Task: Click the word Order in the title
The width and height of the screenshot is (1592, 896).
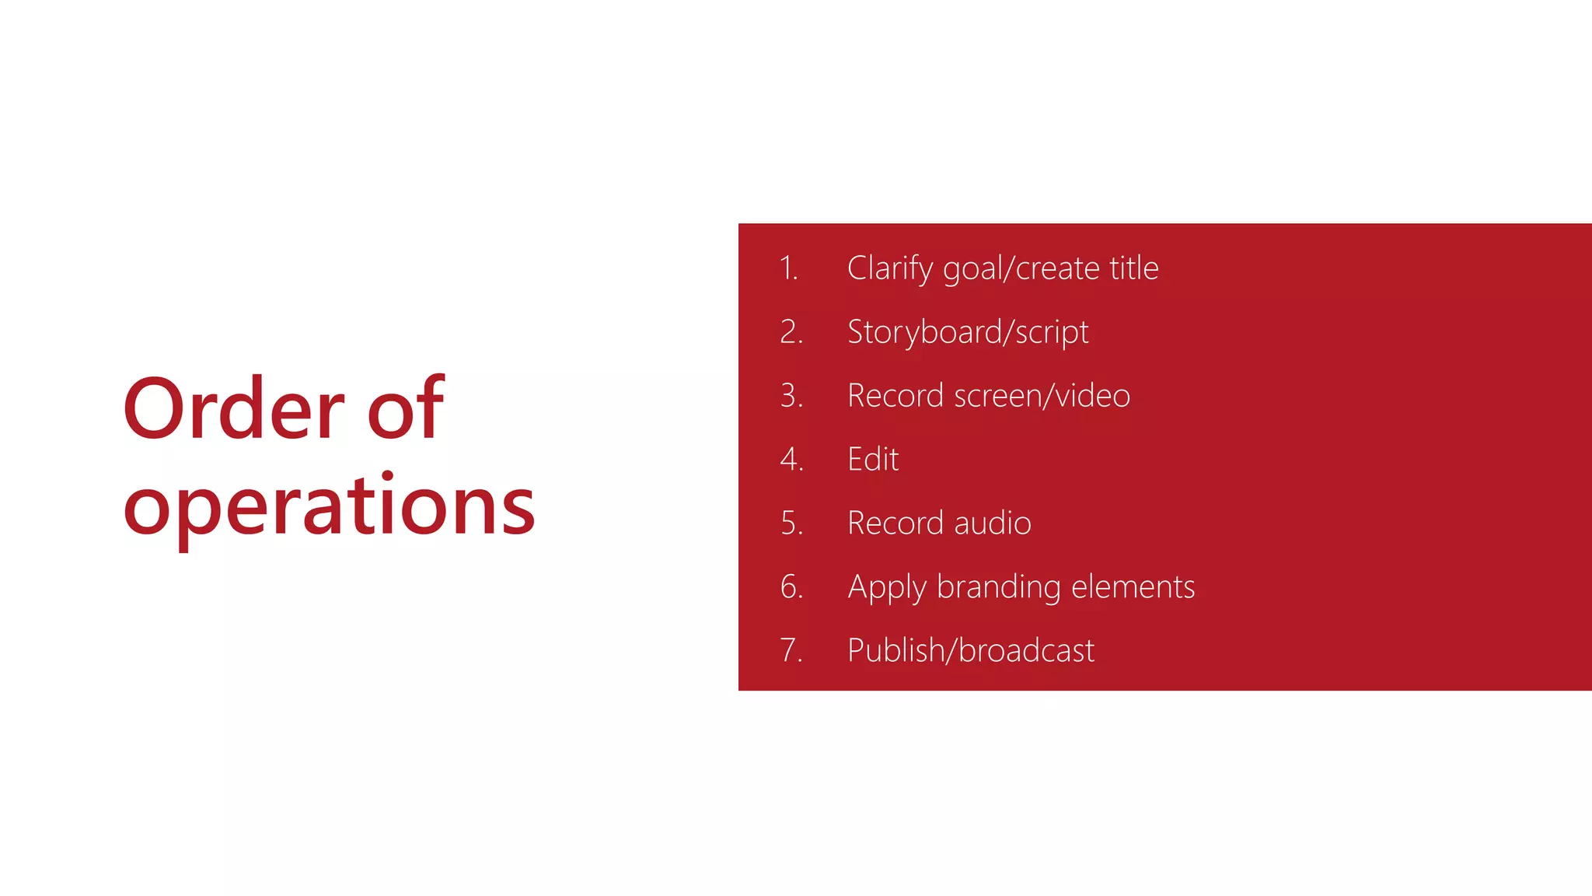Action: (233, 409)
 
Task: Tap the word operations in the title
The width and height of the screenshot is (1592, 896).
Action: (329, 507)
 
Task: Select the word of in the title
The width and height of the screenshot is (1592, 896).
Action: (405, 409)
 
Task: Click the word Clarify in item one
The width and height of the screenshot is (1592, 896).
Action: (890, 269)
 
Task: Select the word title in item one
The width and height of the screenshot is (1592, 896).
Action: (1133, 268)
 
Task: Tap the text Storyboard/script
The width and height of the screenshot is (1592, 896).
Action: (968, 333)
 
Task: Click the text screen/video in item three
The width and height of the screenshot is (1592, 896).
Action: (1042, 396)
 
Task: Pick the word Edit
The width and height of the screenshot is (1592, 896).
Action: (873, 460)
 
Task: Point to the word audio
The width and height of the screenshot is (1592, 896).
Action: (993, 523)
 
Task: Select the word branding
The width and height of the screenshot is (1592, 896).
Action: (998, 587)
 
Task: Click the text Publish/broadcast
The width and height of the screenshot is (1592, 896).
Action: (971, 650)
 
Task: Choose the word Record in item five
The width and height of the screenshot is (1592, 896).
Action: (895, 523)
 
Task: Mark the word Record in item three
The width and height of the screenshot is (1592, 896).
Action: (895, 396)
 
